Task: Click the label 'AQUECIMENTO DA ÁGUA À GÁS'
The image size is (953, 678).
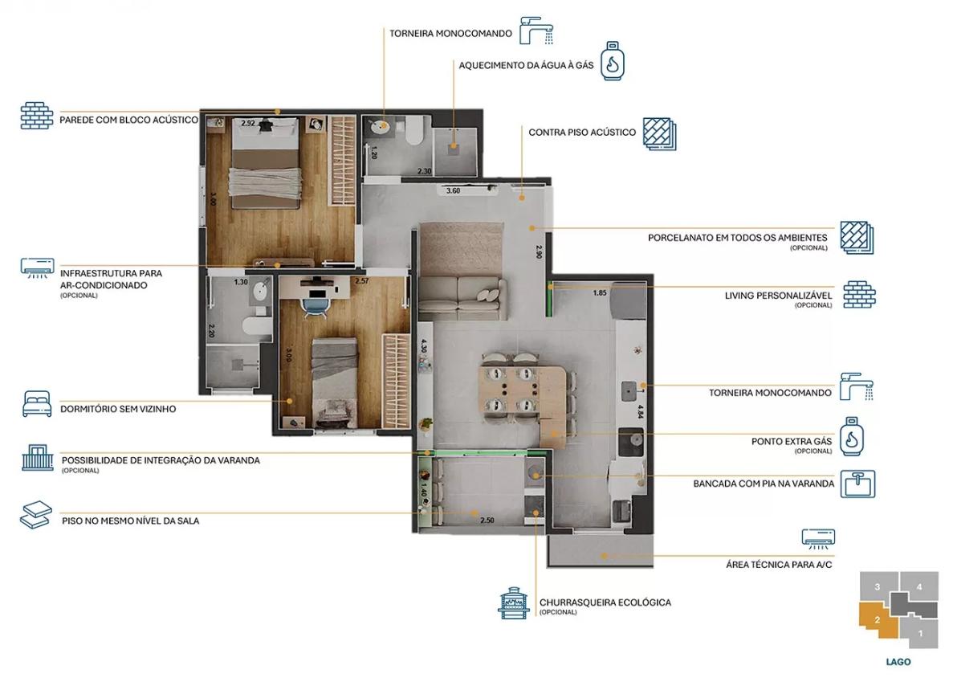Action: tap(527, 65)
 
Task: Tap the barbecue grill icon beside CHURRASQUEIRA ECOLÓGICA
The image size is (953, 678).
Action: tap(514, 602)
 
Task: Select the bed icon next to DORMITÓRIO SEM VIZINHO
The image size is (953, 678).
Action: tap(37, 404)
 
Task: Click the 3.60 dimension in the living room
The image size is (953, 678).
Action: tap(454, 191)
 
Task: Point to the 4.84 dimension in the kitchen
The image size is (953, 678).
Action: tap(640, 411)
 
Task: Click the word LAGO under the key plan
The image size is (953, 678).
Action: tap(898, 662)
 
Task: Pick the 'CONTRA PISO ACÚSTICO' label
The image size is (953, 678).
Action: tap(582, 132)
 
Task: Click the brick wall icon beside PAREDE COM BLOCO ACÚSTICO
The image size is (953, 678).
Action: tap(37, 116)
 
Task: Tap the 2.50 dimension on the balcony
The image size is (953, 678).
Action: tap(487, 521)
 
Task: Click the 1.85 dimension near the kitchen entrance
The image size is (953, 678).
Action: tap(599, 292)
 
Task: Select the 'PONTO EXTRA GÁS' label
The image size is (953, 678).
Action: tap(792, 442)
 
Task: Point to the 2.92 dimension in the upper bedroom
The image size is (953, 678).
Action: tap(248, 124)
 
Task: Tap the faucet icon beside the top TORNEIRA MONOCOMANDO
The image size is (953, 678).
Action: tap(536, 31)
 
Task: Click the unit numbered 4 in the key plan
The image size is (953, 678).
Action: tap(919, 586)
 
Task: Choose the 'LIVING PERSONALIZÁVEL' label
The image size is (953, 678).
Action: tap(778, 296)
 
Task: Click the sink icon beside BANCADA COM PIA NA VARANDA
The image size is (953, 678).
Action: tap(857, 484)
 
